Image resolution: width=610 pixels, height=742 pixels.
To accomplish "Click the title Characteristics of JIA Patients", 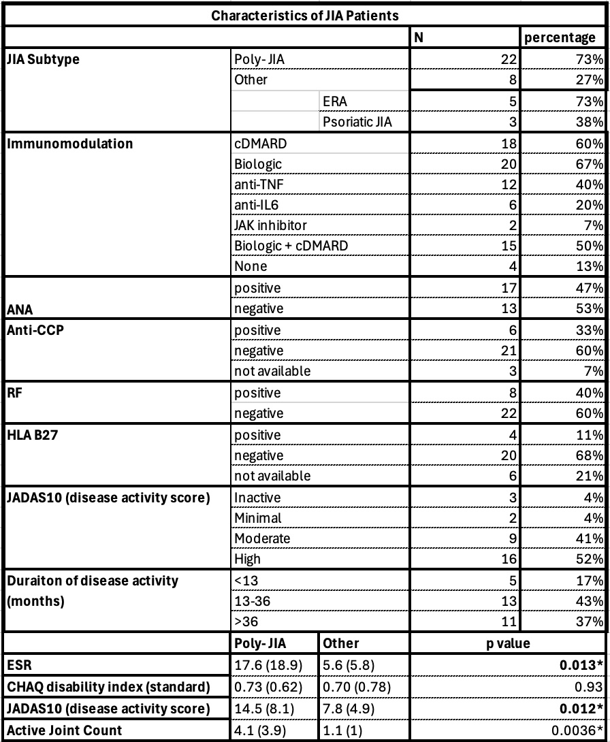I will click(x=304, y=14).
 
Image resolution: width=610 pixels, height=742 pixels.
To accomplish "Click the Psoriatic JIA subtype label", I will click(x=357, y=122).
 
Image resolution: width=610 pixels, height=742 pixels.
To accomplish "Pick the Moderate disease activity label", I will click(x=261, y=538).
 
